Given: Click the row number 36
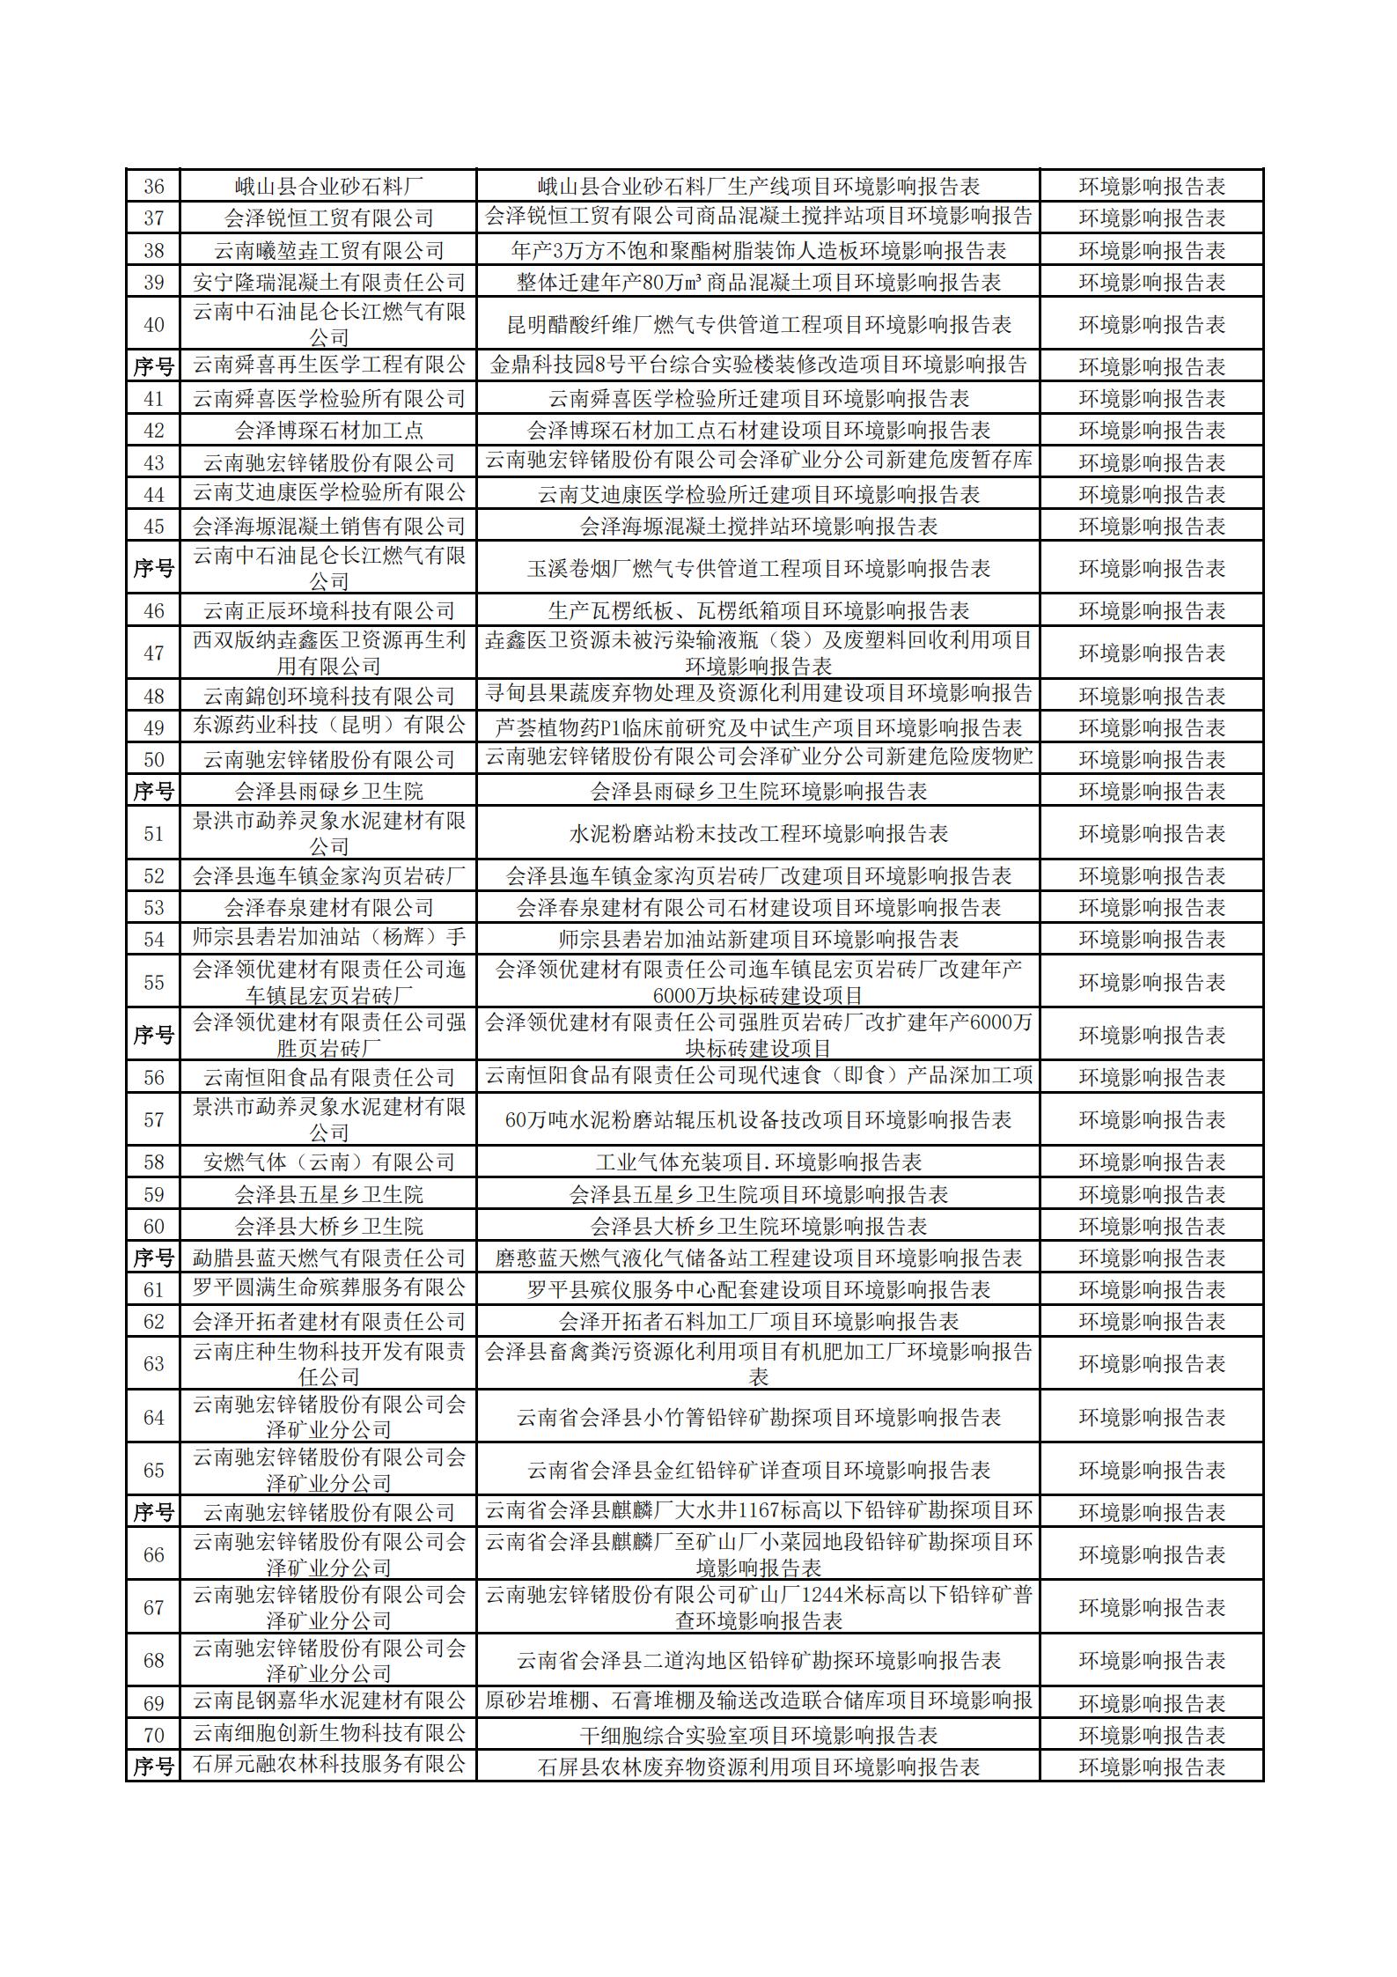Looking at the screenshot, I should pyautogui.click(x=153, y=187).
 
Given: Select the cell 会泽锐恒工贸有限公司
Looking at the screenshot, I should pyautogui.click(x=328, y=218).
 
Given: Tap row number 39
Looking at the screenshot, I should pyautogui.click(x=153, y=283).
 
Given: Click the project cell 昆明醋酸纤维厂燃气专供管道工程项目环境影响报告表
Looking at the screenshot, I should pyautogui.click(x=758, y=325).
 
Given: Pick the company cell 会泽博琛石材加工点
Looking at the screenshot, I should pyautogui.click(x=328, y=431).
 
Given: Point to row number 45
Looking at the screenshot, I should pyautogui.click(x=153, y=527).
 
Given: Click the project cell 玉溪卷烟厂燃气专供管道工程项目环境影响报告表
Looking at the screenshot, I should pyautogui.click(x=758, y=569).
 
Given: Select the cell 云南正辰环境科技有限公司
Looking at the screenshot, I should pyautogui.click(x=328, y=611).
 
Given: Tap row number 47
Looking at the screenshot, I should pyautogui.click(x=153, y=653).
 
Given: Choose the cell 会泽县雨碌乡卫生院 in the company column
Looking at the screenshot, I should pyautogui.click(x=328, y=792).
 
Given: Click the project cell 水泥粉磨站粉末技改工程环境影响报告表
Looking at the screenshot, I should pyautogui.click(x=758, y=834).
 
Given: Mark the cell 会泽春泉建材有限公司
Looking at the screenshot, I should pyautogui.click(x=328, y=908).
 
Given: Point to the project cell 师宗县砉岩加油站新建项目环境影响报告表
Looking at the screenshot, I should pyautogui.click(x=758, y=940).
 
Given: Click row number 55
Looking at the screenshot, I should pyautogui.click(x=153, y=982).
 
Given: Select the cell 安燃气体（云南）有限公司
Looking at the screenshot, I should pyautogui.click(x=328, y=1162).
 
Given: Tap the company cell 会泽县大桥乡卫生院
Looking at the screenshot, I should pyautogui.click(x=328, y=1227).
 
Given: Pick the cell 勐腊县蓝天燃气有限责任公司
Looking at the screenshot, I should pyautogui.click(x=328, y=1258).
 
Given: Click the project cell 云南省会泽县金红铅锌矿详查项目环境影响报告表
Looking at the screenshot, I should pyautogui.click(x=758, y=1471).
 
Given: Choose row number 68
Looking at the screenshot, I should pyautogui.click(x=153, y=1661).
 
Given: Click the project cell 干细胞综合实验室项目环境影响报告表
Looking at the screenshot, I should pyautogui.click(x=758, y=1736).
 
